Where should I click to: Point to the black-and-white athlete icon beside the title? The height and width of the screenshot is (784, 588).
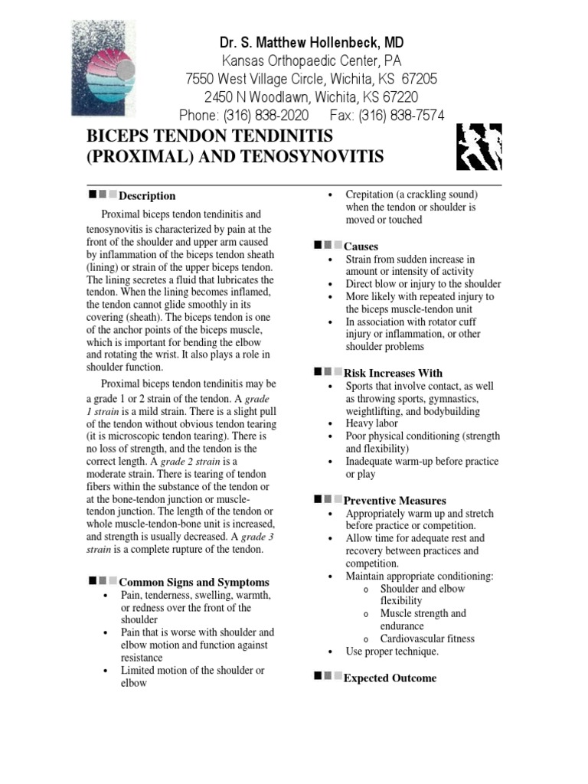coord(479,147)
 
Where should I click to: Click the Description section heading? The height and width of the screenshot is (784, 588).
coord(147,196)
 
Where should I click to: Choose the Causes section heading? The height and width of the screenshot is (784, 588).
coord(361,247)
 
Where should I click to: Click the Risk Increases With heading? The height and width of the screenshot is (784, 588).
coord(394,374)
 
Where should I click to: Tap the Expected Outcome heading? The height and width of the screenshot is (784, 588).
coord(390,678)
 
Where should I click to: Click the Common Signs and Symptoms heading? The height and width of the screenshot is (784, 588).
coord(194,583)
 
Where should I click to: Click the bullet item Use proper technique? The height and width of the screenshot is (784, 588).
coord(392,652)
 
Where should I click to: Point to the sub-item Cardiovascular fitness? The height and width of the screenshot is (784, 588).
coord(427,639)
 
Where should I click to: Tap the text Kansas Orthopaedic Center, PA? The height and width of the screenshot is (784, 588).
coord(311,60)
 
